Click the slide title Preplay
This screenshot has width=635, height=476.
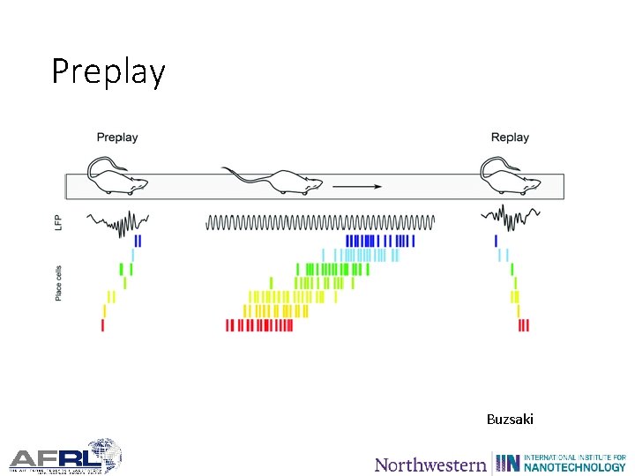[x=108, y=71]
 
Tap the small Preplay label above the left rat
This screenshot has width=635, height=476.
[x=117, y=138]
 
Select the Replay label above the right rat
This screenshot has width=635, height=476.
[x=510, y=138]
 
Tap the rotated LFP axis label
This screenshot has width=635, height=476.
[x=58, y=223]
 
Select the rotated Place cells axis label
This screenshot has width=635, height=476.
[x=58, y=283]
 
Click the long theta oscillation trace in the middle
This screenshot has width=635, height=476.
[x=320, y=222]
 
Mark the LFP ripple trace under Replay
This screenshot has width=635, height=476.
[x=504, y=217]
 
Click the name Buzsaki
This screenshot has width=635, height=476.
[x=510, y=419]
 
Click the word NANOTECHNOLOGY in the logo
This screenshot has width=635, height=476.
[x=574, y=467]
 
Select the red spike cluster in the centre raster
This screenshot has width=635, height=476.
[x=259, y=325]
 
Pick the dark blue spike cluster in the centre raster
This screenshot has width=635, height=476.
[x=379, y=240]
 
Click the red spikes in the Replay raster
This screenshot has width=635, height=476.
[x=524, y=325]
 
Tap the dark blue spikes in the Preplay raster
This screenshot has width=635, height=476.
[x=138, y=240]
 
